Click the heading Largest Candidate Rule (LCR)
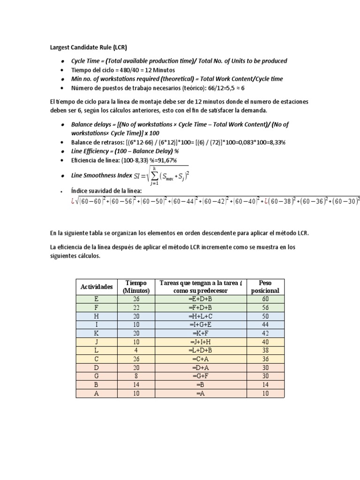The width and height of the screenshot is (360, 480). tap(88, 47)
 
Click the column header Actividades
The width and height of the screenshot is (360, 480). tap(97, 286)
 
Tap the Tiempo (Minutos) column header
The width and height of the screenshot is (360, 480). tap(136, 286)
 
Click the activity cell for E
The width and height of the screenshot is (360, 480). tap(97, 298)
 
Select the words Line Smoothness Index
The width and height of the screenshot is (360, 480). tap(100, 175)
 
